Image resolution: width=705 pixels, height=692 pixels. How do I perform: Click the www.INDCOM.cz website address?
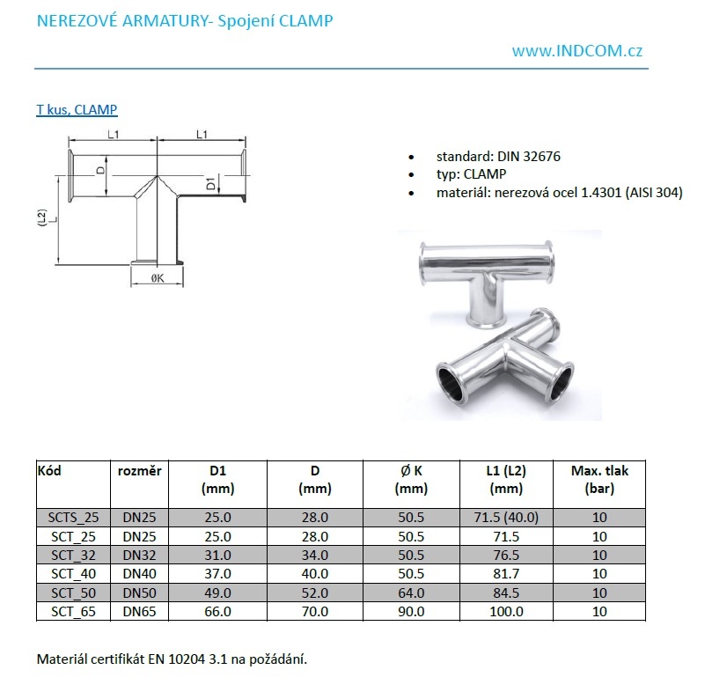tap(576, 50)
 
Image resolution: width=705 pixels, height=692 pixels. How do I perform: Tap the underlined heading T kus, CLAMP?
tap(77, 110)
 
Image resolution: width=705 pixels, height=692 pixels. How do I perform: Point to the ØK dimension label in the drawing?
tap(158, 278)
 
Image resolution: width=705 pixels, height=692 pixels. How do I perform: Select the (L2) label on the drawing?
tap(41, 217)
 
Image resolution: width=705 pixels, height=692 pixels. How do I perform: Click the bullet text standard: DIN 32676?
tap(498, 157)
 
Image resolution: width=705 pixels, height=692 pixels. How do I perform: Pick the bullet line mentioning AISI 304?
tap(559, 192)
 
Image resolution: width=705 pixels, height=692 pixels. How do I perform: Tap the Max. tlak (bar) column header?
tap(599, 479)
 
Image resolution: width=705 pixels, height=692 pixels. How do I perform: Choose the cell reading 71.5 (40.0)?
tap(506, 518)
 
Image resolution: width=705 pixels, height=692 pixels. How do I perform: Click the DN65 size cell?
tap(140, 610)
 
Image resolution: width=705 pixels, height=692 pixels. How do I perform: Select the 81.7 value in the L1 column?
tap(506, 573)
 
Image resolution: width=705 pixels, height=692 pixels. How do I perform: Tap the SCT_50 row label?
tap(73, 592)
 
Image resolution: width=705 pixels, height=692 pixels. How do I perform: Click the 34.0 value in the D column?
tap(313, 555)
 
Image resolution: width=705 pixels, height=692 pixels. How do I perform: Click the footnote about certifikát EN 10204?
tap(172, 659)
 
